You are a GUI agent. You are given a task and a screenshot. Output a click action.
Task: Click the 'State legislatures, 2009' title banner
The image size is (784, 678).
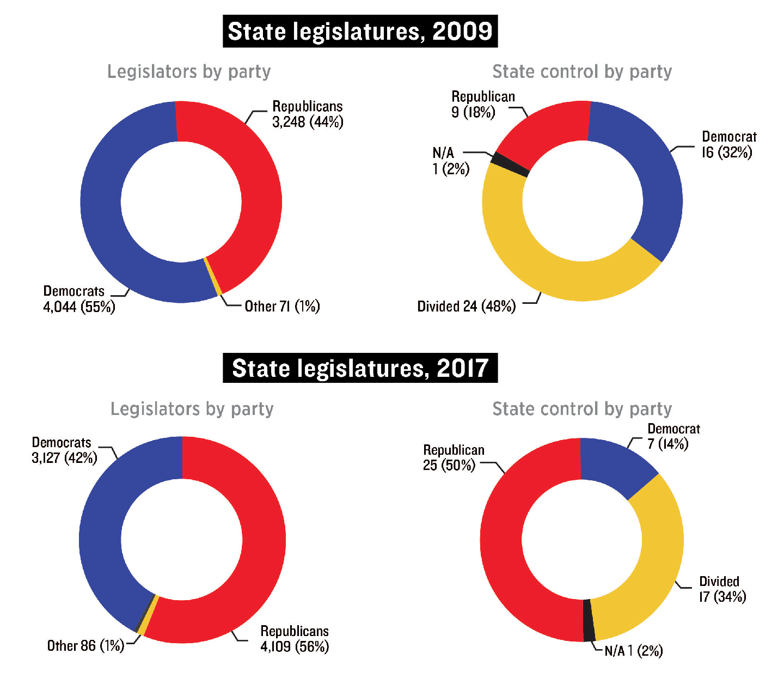360,32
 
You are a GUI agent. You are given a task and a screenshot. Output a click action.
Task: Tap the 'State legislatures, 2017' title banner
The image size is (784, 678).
360,369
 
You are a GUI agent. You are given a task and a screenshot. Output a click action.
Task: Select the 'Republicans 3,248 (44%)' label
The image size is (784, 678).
308,114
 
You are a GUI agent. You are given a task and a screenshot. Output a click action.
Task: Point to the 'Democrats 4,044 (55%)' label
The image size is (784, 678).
79,299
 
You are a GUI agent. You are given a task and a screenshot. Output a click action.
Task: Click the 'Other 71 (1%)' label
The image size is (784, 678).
282,307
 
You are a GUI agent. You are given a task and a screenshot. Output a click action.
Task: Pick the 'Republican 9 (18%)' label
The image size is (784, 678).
482,105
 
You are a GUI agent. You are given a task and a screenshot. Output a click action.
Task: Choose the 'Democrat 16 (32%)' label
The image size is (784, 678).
728,144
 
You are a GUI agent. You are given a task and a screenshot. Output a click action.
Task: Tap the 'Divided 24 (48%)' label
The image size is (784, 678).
466,307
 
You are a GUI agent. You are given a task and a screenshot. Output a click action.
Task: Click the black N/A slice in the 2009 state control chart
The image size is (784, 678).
510,165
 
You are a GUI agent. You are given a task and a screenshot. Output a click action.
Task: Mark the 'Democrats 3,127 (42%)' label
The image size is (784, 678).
64,450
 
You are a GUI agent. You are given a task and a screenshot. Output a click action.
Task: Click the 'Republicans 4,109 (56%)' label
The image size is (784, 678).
295,639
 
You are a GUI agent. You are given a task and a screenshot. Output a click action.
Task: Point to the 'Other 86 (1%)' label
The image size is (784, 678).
85,646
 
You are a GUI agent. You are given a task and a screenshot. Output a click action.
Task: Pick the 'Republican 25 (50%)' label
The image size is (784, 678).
453,458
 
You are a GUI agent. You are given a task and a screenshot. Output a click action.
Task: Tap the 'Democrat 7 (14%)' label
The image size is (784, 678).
673,436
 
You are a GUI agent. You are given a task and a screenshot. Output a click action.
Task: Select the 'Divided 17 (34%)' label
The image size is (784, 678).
722,589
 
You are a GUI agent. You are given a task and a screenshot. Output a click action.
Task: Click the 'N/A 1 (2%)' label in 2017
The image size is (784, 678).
633,651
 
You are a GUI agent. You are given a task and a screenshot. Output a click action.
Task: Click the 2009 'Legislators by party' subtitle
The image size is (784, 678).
188,72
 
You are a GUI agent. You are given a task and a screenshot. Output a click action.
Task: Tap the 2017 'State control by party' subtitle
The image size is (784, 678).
581,409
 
